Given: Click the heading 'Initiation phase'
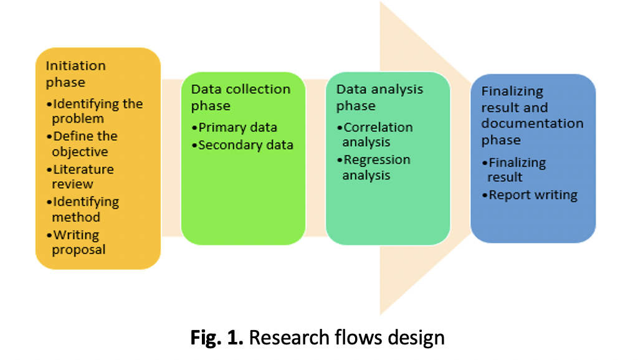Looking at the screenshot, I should click(x=75, y=73).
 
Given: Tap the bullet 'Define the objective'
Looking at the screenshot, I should click(x=83, y=144).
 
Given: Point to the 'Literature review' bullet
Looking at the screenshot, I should click(x=81, y=176).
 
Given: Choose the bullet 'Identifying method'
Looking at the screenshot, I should click(x=83, y=209).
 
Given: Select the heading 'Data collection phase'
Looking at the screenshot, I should click(x=240, y=98).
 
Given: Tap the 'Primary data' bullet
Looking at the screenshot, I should click(x=237, y=128).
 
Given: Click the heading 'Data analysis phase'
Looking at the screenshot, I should click(x=379, y=98).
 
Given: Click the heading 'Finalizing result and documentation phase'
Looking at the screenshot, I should click(x=531, y=115).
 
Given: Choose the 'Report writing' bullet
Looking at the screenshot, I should click(x=532, y=195).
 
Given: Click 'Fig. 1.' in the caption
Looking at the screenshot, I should click(x=216, y=338).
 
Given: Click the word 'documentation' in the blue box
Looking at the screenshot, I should click(x=532, y=123).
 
